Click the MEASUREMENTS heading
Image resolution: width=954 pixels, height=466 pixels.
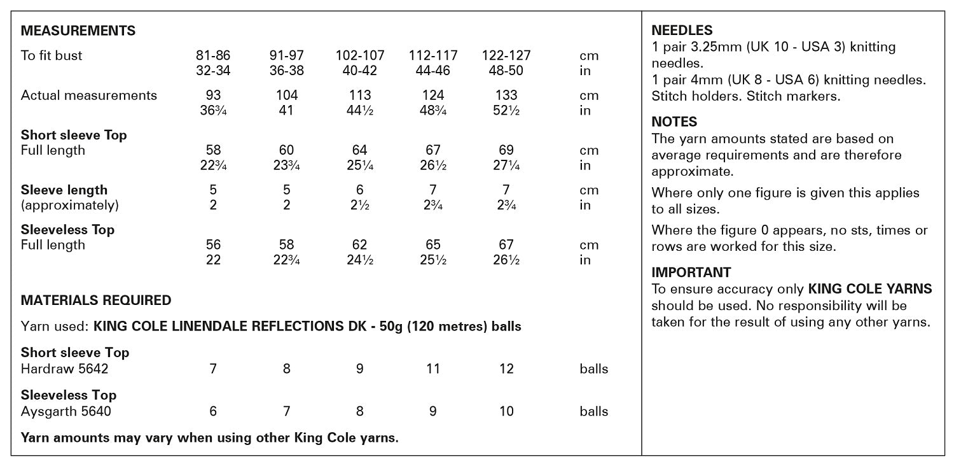78,31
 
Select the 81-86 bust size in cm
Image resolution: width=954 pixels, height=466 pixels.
214,55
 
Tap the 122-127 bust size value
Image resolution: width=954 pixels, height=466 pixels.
506,55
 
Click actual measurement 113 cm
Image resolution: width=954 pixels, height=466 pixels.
360,95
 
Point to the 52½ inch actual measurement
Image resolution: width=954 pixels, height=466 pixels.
506,110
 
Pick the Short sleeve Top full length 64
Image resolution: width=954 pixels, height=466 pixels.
360,150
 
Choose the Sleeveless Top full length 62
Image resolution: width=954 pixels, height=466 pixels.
360,244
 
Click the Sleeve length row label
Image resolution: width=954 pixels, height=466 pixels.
64,190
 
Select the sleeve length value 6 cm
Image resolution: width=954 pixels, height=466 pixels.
360,190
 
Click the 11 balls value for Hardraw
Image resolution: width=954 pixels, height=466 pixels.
433,369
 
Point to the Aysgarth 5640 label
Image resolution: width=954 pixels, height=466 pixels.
66,411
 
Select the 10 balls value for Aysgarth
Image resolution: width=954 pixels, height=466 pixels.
506,411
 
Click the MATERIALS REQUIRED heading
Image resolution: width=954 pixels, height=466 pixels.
96,300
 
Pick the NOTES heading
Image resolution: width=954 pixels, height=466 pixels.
674,122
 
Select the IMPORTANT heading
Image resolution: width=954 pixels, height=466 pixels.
691,272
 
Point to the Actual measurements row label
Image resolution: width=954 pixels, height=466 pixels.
89,95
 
